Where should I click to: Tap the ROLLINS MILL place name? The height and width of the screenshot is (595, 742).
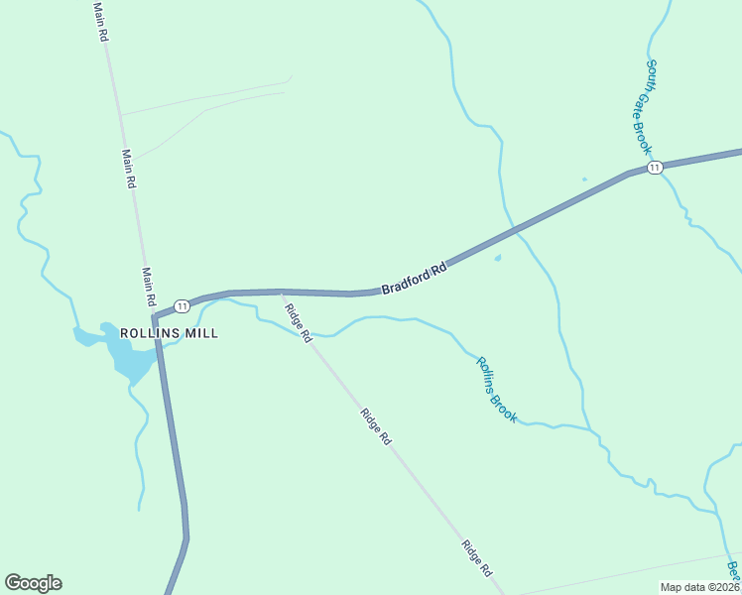pos(169,333)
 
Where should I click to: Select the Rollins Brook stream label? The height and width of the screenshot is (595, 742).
pos(496,390)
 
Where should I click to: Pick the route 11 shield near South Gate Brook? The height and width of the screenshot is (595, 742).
pos(655,169)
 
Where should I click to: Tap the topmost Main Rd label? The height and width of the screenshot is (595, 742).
pos(100,21)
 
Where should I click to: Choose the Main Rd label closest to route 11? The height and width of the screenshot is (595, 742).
pos(149,287)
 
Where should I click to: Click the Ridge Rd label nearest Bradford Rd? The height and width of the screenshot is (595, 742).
pos(299,323)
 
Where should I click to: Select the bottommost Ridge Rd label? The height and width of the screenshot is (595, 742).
pos(477,558)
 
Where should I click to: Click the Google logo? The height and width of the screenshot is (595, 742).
pos(33,583)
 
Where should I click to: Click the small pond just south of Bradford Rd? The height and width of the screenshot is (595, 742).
pos(498,259)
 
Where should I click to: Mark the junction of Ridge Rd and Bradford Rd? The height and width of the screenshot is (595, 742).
pos(282,292)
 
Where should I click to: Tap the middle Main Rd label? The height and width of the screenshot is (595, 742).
pos(128,170)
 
